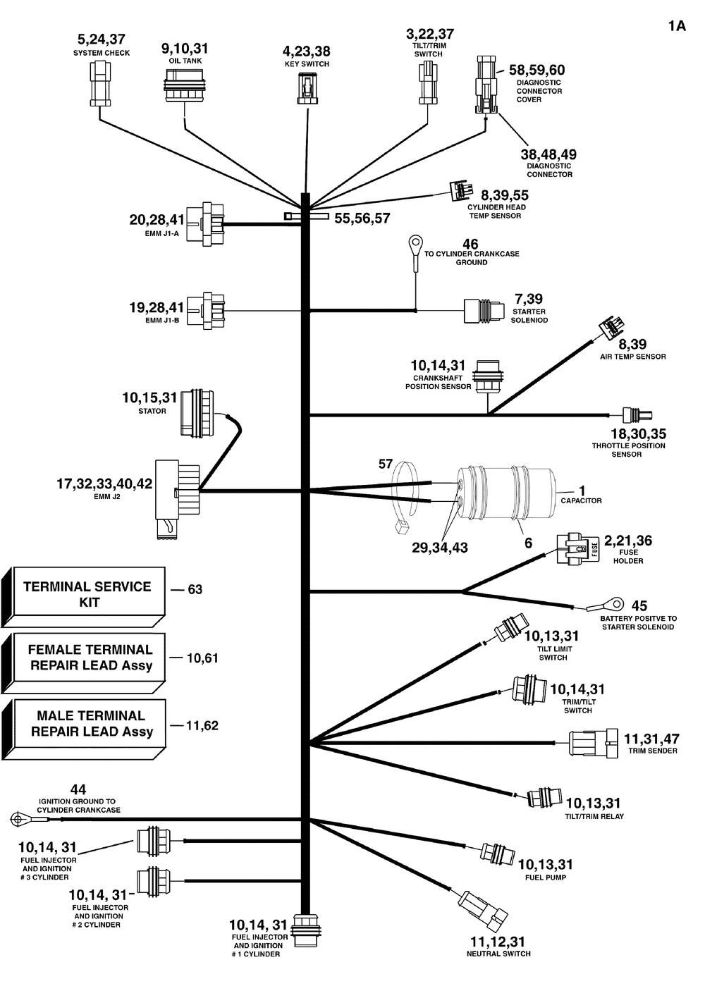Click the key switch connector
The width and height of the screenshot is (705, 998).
(x=304, y=89)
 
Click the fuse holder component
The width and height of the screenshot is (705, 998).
(x=577, y=549)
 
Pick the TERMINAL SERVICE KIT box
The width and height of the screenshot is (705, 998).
(x=85, y=596)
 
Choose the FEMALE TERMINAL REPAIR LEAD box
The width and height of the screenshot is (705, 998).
(x=85, y=658)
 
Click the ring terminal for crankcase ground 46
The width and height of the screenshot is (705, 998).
(x=412, y=245)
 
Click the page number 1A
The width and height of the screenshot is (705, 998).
(x=677, y=27)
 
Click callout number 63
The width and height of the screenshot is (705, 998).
(x=195, y=589)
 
